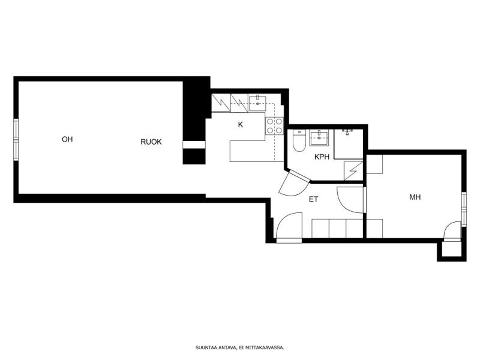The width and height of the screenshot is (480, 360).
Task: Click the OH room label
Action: coord(67,139)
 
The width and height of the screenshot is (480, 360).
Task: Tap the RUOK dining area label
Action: coord(151,142)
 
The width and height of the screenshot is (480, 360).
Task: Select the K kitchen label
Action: coord(241,125)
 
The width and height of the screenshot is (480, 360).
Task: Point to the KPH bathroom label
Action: coord(322,157)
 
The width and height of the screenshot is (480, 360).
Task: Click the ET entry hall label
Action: coord(313,199)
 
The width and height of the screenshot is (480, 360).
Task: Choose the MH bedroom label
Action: coord(415,197)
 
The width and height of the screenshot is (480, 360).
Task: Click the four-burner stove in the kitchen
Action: coord(274,126)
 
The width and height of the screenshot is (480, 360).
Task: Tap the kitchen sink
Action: coord(257,103)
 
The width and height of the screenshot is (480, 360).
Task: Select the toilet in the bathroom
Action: coord(299,141)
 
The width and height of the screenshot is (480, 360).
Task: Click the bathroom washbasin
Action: coord(319,138)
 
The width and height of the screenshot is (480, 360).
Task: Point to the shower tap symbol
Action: coord(347,132)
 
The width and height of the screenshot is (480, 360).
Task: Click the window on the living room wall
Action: coord(16,140)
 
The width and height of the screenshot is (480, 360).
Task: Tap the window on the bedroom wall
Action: coord(464,209)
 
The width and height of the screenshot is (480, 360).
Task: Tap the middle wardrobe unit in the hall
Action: coord(337,229)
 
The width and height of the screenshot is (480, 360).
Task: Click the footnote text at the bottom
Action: coord(240,348)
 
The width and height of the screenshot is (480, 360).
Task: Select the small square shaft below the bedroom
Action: coord(451,250)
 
